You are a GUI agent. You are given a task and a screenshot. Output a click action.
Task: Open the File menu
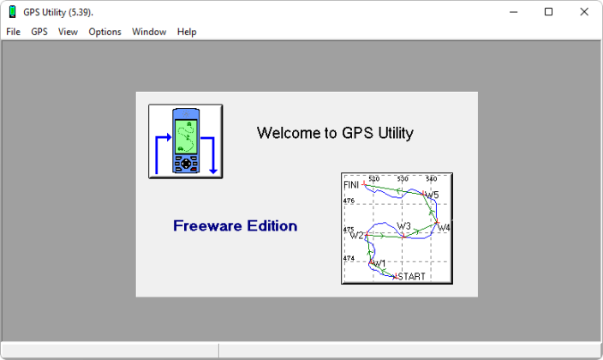13,32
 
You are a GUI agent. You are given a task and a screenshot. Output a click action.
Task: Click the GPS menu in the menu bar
39,32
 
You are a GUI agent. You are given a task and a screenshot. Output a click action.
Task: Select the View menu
68,32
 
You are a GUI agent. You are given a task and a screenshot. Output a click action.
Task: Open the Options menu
104,32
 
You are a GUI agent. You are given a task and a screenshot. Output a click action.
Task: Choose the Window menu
149,32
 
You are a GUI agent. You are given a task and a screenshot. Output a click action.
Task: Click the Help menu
187,32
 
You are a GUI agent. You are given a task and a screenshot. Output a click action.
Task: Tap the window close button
584,12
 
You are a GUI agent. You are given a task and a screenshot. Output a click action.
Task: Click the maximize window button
549,12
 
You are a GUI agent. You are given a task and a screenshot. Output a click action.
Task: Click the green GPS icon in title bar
12,12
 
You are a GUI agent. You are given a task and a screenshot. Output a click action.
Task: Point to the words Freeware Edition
235,225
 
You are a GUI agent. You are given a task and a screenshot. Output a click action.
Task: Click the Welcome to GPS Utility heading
335,133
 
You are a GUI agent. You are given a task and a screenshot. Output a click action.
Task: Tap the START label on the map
411,277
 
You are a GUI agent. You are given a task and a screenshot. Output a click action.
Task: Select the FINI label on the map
350,185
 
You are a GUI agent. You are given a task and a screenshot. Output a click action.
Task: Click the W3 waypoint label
403,226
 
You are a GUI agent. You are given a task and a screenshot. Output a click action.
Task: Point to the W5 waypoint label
432,195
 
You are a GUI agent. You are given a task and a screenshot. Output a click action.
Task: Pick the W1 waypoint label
379,263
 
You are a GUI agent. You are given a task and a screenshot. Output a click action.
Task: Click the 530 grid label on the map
403,178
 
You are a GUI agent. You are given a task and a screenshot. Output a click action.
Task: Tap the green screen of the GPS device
186,136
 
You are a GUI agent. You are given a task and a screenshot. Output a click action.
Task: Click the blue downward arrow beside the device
210,155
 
